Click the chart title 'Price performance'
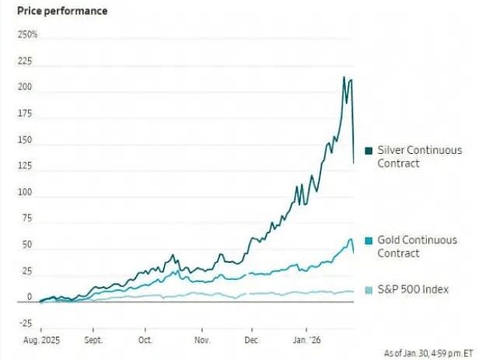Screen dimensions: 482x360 62,11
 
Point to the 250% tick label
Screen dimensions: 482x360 27,35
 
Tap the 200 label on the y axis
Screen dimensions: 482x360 25,87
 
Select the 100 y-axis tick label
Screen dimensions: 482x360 25,192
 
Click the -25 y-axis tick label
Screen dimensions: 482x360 26,323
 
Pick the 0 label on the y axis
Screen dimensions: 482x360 30,297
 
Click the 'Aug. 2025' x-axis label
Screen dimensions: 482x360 41,341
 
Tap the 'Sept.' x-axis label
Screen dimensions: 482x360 93,341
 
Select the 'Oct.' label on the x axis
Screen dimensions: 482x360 145,341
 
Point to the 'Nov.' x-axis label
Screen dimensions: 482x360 202,341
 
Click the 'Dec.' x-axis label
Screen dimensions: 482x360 252,341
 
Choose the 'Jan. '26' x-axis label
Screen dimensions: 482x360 307,341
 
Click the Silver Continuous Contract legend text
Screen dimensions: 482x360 420,156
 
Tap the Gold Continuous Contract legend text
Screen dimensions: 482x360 417,246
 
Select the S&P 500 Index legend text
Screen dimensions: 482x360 413,289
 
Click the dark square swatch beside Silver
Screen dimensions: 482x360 368,151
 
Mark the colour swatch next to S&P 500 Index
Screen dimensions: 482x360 368,290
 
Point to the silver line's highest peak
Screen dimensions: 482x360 344,77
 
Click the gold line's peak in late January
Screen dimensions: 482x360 351,239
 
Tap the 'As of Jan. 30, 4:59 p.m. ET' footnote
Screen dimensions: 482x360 429,353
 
